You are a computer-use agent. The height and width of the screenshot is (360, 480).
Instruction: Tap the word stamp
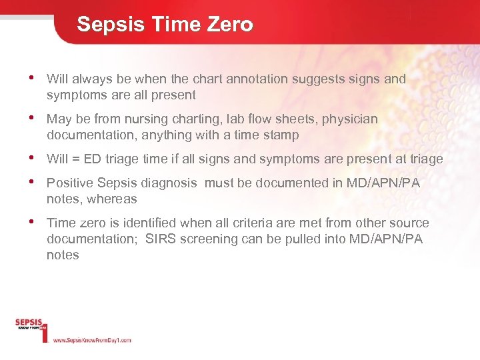coord(281,135)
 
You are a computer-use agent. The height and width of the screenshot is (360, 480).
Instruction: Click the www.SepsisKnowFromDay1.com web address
coord(91,340)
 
